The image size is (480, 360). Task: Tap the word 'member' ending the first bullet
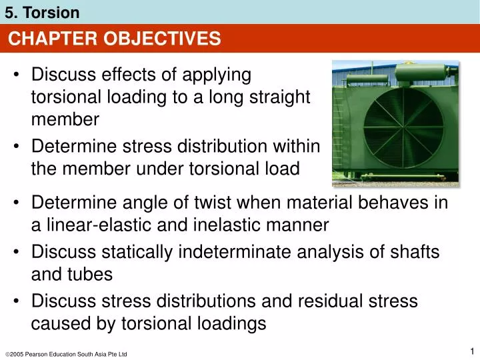(65, 119)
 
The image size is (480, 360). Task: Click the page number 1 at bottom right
(471, 351)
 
